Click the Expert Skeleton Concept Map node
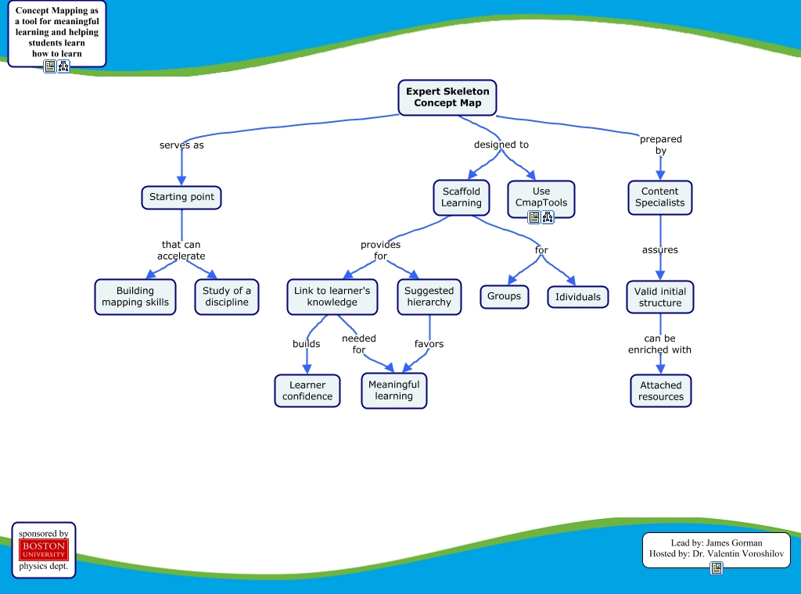click(x=447, y=97)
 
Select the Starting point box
click(x=181, y=197)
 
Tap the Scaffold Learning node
click(x=462, y=197)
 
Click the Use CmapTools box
click(x=541, y=196)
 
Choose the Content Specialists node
click(x=659, y=197)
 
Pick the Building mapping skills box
click(x=135, y=296)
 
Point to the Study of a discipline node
click(x=227, y=296)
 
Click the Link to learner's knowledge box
click(x=332, y=296)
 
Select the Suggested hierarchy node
click(x=429, y=296)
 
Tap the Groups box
click(x=504, y=296)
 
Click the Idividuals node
click(x=578, y=297)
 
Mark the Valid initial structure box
click(x=660, y=297)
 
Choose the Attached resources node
click(x=661, y=391)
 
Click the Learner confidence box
click(x=307, y=390)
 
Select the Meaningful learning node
click(x=393, y=390)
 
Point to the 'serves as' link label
click(x=181, y=145)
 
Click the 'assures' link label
click(x=660, y=250)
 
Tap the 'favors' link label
click(x=429, y=343)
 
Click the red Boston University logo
click(x=44, y=549)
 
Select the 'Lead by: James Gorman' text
click(x=717, y=542)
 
